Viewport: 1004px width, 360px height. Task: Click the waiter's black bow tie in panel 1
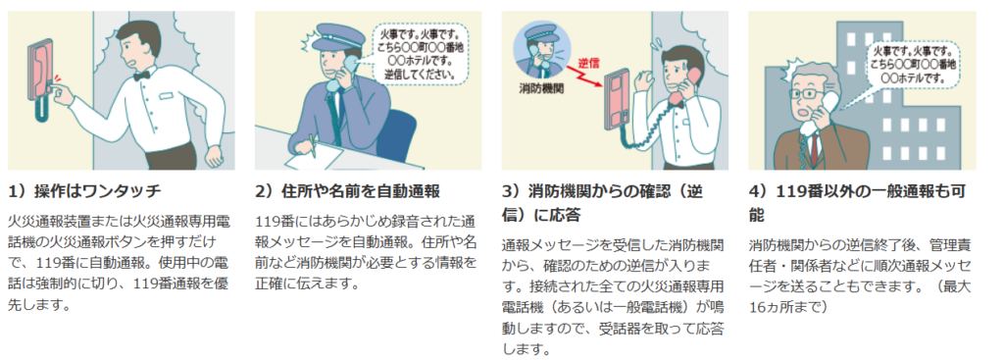point(141,75)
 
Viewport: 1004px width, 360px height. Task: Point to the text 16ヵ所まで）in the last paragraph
point(789,306)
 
